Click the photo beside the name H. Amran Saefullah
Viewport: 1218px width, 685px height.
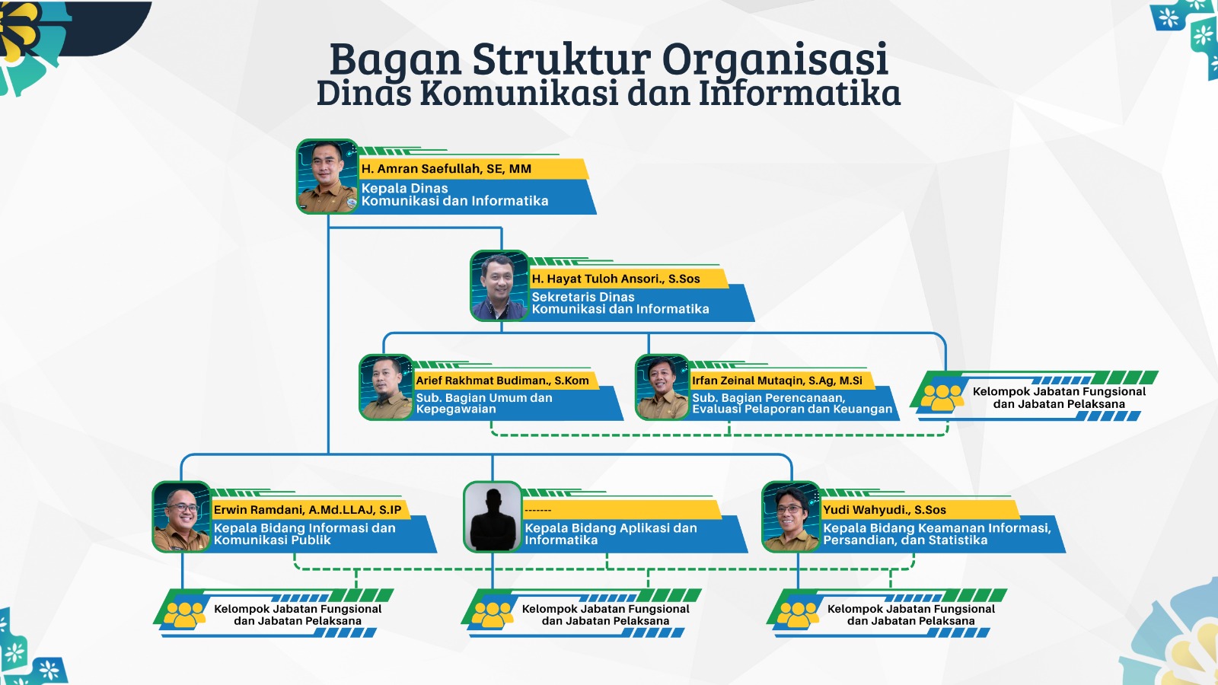(x=327, y=177)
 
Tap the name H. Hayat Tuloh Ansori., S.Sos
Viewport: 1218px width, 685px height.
(x=615, y=279)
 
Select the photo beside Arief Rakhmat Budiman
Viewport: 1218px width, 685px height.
(x=386, y=387)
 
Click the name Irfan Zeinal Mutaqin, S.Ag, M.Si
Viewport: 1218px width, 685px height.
(x=776, y=381)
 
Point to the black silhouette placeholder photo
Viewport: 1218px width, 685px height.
(x=493, y=517)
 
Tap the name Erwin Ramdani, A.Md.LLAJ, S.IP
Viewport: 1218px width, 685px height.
(x=307, y=510)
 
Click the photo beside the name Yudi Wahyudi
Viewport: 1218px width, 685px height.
(x=791, y=517)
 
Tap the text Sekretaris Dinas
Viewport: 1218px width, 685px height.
(x=582, y=297)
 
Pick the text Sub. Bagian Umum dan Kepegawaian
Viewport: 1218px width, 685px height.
(x=483, y=403)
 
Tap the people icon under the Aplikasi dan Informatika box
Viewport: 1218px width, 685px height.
(x=492, y=613)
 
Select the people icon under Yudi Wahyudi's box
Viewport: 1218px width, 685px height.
(x=797, y=613)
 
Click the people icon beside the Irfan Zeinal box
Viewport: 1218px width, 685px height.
(x=942, y=397)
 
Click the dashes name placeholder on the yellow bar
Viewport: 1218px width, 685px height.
(x=537, y=510)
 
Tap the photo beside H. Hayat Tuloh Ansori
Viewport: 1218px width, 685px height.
(x=499, y=286)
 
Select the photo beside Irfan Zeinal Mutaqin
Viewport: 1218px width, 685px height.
(x=662, y=387)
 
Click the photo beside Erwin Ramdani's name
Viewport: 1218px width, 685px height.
(x=181, y=517)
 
